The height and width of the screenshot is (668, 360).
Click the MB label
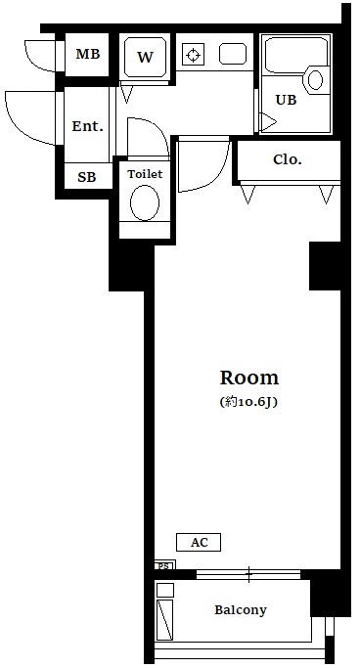click(87, 54)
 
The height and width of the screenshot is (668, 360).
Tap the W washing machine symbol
click(145, 57)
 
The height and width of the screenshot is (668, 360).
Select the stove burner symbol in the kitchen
click(194, 55)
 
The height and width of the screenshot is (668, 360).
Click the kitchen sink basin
click(233, 54)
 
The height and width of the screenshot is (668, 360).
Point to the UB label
click(286, 100)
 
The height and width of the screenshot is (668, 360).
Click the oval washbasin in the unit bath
click(315, 79)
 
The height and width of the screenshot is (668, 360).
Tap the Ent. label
click(87, 126)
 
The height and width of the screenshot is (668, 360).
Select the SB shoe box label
click(87, 177)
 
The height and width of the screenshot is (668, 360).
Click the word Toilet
click(146, 174)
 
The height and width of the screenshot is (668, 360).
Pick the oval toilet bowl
click(145, 202)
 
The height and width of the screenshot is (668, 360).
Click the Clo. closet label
click(288, 159)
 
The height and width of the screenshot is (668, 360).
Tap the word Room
click(249, 378)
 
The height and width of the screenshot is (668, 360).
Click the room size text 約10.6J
click(249, 402)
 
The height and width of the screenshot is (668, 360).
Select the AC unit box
click(199, 543)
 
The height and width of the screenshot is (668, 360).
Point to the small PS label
click(164, 566)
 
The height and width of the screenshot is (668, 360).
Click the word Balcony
click(241, 610)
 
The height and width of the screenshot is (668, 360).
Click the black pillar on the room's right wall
click(325, 266)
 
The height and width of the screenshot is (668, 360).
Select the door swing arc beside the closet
click(217, 175)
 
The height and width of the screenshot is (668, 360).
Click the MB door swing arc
click(34, 62)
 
